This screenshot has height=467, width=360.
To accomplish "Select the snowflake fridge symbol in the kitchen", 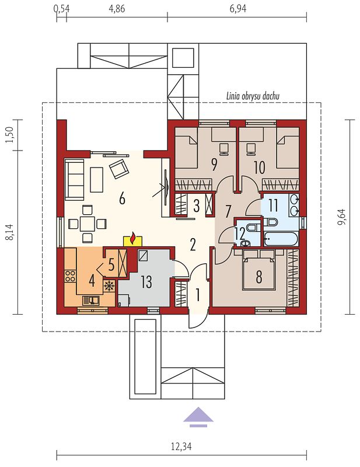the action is [109, 286].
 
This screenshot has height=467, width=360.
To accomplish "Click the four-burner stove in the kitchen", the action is [70, 276].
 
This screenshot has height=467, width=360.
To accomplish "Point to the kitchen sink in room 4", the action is [90, 300].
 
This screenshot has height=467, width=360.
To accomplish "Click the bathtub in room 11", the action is [281, 239].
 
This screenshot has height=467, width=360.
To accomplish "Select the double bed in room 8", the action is [258, 270].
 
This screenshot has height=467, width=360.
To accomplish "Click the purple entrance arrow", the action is [198, 417].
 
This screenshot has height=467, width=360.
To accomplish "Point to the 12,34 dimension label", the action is [181, 447].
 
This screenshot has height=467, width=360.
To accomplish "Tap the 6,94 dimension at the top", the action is [238, 8].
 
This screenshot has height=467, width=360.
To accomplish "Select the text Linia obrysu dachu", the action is [253, 96].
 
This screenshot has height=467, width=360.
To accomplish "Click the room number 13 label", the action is [146, 282].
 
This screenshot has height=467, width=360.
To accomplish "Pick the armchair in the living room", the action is [120, 169].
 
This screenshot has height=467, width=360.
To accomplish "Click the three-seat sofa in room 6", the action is [75, 179].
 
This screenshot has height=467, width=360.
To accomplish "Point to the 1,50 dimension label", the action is [9, 135].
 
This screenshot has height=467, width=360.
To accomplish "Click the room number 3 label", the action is [196, 206].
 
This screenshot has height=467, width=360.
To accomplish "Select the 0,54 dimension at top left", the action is [61, 8].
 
